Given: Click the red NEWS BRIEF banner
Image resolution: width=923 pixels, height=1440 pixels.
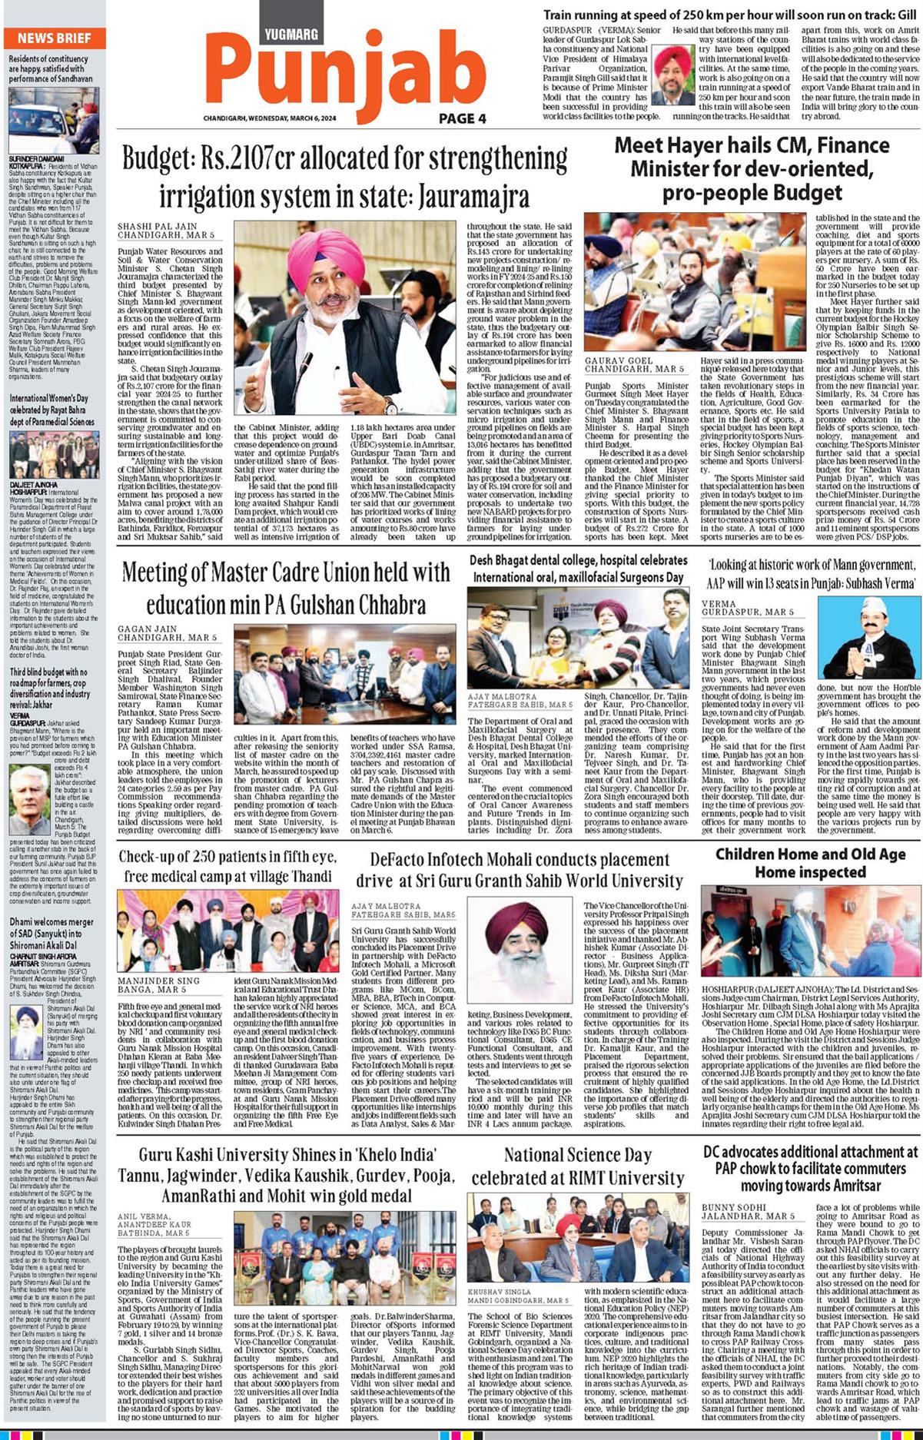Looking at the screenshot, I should (x=54, y=38).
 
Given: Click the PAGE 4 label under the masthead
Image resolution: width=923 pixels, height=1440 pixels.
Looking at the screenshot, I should (x=463, y=118).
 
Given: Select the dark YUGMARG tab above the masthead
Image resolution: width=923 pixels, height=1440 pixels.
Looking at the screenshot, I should (x=291, y=34).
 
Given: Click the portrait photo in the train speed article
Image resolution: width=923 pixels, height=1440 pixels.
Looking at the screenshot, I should (x=672, y=75).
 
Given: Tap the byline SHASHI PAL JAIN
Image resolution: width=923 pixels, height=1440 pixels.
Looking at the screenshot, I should (x=158, y=227).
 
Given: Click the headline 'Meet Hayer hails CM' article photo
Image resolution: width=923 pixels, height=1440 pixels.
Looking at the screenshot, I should (x=695, y=281).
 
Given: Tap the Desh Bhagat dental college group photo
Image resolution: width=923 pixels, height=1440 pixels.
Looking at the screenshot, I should (x=579, y=638).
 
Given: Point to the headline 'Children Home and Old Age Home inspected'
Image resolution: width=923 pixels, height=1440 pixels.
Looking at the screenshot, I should (x=810, y=863).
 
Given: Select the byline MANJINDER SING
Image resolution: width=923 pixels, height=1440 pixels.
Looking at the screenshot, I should (x=158, y=980).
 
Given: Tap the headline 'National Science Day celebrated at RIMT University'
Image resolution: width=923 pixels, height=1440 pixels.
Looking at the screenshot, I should (x=577, y=1166).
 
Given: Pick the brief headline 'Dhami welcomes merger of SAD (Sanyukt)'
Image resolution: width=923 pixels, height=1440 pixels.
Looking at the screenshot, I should (x=51, y=933).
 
